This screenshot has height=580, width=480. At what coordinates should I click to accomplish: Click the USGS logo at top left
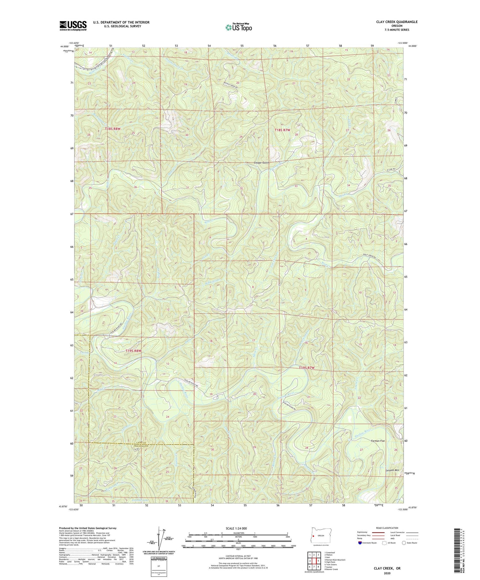[73, 26]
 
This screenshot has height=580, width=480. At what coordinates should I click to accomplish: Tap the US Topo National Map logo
[238, 27]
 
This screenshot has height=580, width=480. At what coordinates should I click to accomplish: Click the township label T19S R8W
[133, 351]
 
